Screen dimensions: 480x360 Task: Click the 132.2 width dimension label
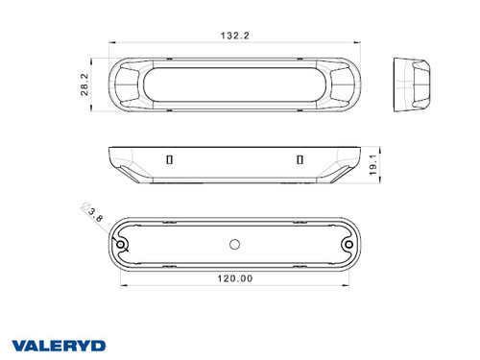234,36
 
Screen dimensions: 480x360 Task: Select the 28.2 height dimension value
84,84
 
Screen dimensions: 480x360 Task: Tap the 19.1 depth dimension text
373,165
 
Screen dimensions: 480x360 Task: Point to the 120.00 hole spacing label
235,278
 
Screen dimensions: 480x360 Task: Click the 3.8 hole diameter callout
96,214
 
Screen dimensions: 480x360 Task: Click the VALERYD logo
59,346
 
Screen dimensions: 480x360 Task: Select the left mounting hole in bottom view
121,245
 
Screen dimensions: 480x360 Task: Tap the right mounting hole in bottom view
348,245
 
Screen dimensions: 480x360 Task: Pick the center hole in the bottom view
234,245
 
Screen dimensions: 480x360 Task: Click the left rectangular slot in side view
170,159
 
